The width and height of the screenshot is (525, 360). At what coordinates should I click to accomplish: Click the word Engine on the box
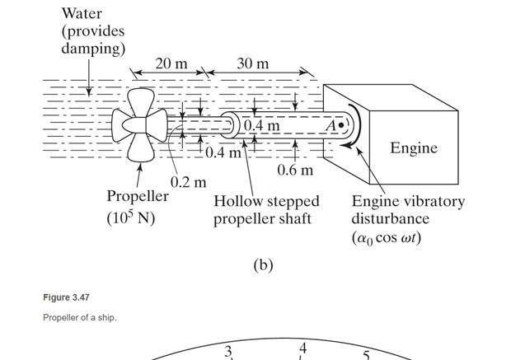click(x=414, y=148)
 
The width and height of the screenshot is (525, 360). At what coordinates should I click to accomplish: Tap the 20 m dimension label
click(x=171, y=64)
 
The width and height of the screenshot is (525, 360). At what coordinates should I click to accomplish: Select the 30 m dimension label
click(x=252, y=64)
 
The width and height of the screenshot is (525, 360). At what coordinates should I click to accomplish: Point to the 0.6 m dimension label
click(x=295, y=170)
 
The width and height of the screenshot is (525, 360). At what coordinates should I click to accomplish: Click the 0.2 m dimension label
click(x=188, y=180)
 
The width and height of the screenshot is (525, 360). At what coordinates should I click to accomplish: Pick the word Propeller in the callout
click(x=138, y=197)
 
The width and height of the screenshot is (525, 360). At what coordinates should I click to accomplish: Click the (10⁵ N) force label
click(x=131, y=219)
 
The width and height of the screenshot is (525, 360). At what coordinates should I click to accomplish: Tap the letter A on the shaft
click(x=331, y=126)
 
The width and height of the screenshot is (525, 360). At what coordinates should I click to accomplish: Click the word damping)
click(x=92, y=49)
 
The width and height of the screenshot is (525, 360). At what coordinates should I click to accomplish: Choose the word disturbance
click(x=390, y=219)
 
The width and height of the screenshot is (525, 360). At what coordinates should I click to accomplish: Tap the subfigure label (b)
click(x=261, y=265)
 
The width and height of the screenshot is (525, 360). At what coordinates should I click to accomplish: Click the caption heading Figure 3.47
click(x=66, y=297)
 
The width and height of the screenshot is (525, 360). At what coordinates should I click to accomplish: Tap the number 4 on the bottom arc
click(x=303, y=346)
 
